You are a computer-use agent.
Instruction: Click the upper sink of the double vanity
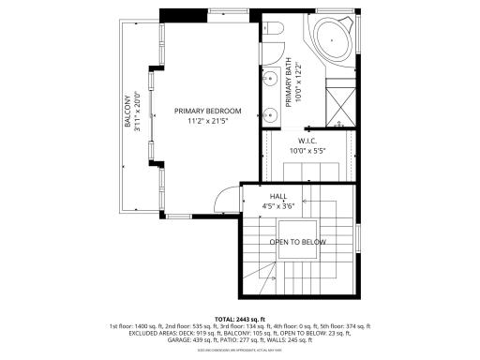pos(268,77)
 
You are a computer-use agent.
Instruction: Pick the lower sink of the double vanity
pos(268,116)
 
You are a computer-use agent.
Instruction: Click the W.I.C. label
pos(308,141)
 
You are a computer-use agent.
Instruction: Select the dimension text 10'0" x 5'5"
pos(308,150)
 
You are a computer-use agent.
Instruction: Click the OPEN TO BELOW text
pos(297,242)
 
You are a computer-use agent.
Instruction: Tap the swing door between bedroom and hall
pos(228,198)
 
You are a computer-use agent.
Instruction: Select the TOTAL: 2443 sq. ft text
pos(240,319)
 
